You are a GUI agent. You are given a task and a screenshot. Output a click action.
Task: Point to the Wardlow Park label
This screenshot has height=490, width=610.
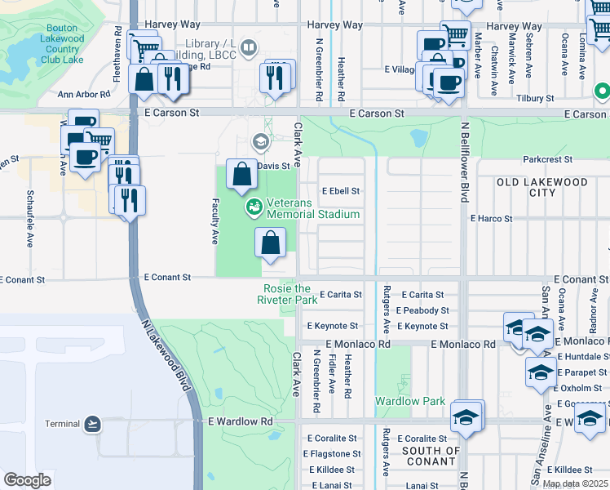(x=409, y=401)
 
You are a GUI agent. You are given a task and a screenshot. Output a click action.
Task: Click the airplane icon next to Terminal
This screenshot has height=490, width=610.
(x=93, y=423)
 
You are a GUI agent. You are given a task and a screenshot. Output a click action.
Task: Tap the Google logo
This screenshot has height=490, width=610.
(x=27, y=480)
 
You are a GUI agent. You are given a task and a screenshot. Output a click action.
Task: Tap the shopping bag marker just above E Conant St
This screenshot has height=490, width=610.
(x=271, y=243)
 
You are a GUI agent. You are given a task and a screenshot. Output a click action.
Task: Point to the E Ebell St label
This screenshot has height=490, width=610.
(x=341, y=191)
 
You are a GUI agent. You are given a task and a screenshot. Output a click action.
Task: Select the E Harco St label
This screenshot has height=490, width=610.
(x=491, y=219)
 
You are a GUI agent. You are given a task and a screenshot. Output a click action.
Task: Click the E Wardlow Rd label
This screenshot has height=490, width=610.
(x=240, y=421)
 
